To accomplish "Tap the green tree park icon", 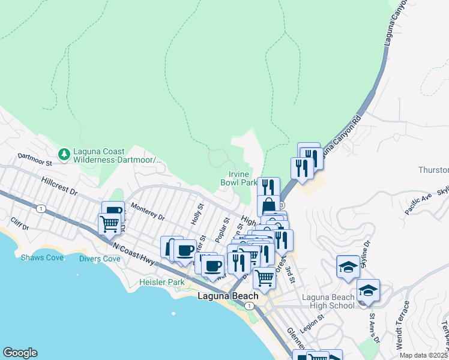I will pos(64,155).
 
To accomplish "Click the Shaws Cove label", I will pos(37,257).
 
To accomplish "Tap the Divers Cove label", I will pos(100,259).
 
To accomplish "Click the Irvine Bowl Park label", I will pos(238,178).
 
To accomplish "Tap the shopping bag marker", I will pos(268,205).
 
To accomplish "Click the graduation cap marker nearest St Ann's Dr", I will pos(368,292).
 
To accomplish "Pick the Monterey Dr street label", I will pos(147,214).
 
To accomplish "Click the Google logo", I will pos(20,353).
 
